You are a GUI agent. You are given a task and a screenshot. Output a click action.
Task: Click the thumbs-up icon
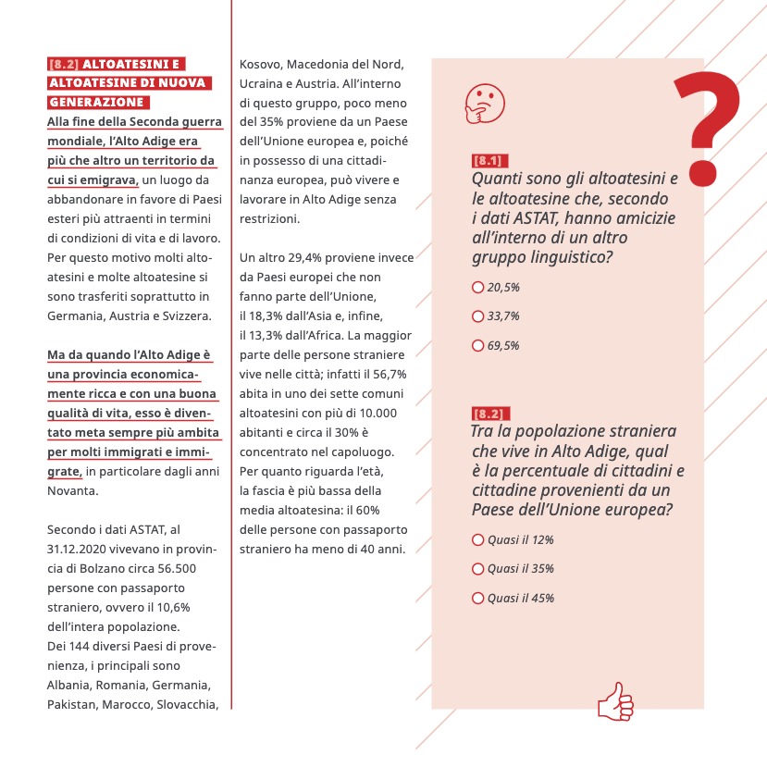(x=615, y=701)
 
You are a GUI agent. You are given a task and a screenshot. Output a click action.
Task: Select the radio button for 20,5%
(x=478, y=288)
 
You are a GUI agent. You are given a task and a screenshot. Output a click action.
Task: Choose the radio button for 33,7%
(x=478, y=316)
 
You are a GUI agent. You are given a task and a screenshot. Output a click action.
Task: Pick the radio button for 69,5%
(x=478, y=346)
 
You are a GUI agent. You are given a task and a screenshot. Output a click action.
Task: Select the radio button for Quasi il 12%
(x=478, y=539)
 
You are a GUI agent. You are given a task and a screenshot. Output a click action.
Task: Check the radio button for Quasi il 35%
(x=478, y=569)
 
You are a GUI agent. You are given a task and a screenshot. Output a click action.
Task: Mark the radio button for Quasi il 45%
(x=478, y=599)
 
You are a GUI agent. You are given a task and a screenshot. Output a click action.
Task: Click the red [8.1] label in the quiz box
(x=490, y=160)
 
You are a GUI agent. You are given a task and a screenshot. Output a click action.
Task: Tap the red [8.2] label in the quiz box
(x=490, y=413)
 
